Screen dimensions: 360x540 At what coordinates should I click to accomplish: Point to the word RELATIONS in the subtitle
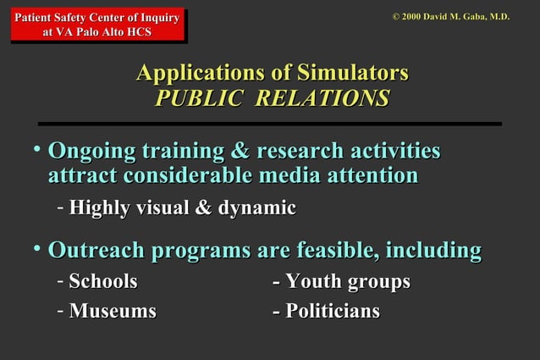322,98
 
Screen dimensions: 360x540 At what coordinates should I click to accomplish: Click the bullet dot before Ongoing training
36,149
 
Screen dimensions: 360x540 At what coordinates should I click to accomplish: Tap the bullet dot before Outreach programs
36,248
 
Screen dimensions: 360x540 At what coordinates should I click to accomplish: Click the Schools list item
103,281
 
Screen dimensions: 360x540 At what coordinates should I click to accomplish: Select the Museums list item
113,311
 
